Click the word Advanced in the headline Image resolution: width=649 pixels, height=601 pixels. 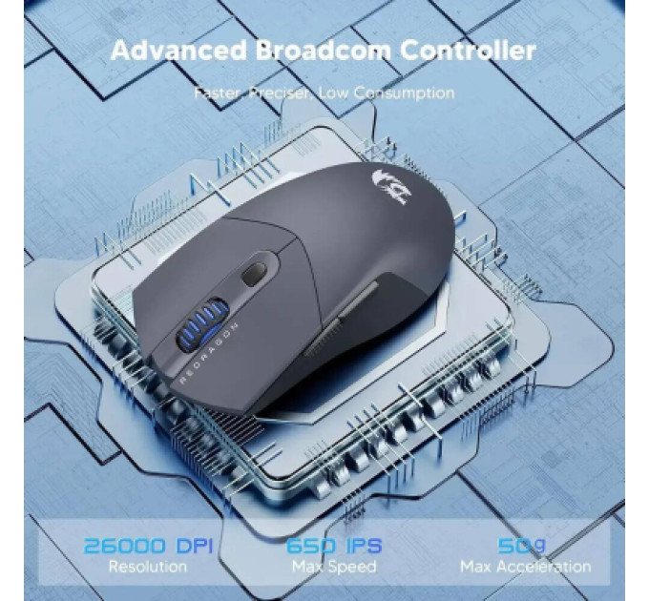178,50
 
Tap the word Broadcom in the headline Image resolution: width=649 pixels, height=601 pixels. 323,50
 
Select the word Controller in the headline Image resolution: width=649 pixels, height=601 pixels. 468,50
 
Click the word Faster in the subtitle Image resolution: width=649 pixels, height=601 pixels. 219,93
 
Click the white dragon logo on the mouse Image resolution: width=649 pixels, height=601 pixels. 390,187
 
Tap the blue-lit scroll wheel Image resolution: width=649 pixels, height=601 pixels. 203,323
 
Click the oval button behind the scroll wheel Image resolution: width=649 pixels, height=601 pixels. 253,274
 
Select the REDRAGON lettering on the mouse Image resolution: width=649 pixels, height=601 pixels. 209,353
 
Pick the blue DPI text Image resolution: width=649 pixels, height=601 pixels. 195,546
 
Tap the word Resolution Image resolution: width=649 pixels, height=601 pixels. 148,567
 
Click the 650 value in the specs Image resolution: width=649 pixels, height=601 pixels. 310,546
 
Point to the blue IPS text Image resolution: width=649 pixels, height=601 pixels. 364,546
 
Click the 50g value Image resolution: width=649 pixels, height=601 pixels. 522,546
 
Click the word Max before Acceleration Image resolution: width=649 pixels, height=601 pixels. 476,567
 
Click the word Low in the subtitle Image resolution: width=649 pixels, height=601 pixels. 334,93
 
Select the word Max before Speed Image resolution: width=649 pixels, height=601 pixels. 306,567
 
